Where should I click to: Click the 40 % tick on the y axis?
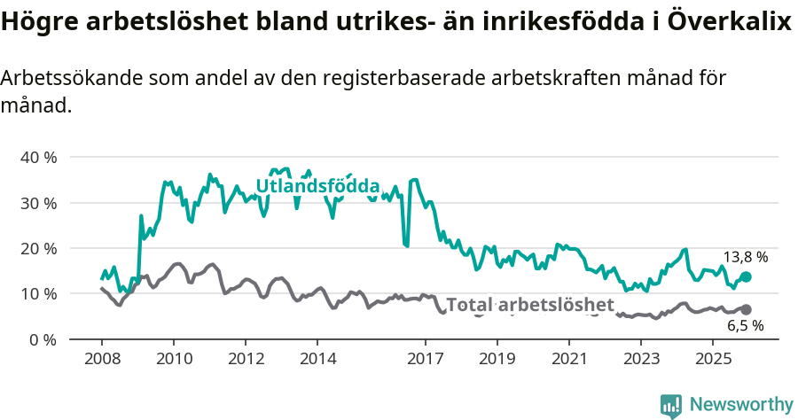38,157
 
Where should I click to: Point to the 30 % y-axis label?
38,203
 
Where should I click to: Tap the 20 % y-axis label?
38,248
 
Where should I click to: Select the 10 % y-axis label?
38,293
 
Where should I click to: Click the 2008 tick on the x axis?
101,359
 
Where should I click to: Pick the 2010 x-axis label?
173,359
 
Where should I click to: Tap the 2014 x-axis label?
317,359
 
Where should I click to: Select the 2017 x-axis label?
425,359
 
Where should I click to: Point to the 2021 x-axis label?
569,359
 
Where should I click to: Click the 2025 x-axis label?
713,359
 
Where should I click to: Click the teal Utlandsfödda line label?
317,186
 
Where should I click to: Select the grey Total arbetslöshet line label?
529,305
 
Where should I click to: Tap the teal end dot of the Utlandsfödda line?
746,277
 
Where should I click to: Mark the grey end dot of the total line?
746,309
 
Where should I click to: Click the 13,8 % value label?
745,257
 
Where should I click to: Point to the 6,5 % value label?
745,326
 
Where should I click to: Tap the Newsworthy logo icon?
671,405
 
